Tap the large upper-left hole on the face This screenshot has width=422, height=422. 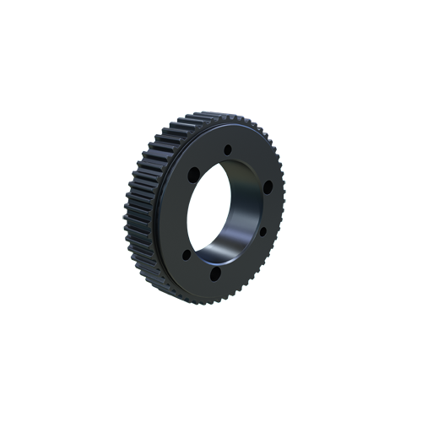coord(192,174)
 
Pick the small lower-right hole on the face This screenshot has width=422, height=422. coord(262,230)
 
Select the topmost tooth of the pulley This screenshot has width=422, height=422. coord(203,114)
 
